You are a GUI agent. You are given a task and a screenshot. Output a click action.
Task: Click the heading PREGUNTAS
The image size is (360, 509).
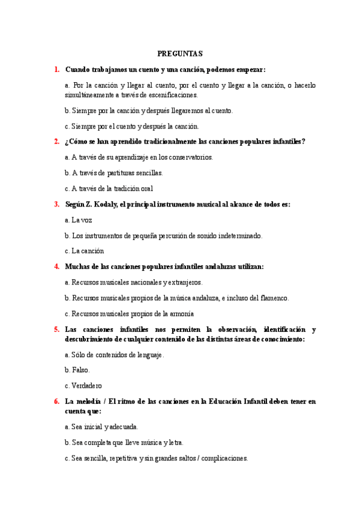[x=180, y=53]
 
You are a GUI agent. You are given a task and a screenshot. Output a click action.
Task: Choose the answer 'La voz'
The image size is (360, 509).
[x=79, y=220]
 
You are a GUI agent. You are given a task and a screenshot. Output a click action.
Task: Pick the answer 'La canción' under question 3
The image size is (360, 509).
[x=88, y=251]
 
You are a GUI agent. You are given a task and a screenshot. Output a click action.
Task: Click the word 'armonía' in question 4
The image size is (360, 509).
[x=181, y=313]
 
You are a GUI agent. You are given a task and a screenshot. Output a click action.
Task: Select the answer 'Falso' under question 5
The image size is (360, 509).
[x=80, y=370]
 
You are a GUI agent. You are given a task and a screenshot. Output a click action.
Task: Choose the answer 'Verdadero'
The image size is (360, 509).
[x=86, y=385]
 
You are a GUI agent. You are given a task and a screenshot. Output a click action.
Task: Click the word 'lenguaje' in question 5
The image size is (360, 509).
[x=149, y=354]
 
